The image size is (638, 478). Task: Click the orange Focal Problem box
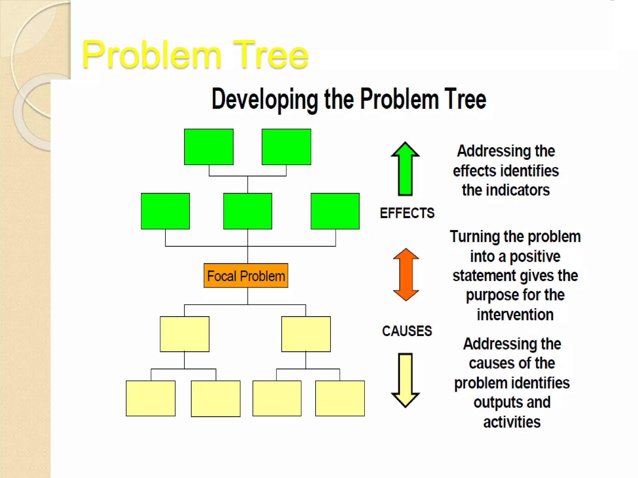point(246,276)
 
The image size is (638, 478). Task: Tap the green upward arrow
point(405,170)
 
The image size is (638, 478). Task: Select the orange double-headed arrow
point(406,274)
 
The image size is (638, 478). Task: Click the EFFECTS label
point(407,213)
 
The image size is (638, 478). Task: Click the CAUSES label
point(407,331)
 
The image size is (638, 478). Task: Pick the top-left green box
point(209,147)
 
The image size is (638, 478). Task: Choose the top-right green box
point(286,147)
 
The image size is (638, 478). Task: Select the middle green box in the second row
point(248,211)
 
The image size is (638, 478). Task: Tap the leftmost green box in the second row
point(165,211)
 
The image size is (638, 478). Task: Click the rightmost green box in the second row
point(335,211)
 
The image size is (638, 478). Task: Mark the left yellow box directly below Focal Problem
point(184,334)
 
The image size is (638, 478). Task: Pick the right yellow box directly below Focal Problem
point(306,334)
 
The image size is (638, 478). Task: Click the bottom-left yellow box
point(150,398)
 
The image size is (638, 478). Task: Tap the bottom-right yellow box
point(340,398)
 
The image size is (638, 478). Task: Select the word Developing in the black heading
point(265,100)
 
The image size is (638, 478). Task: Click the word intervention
point(515,315)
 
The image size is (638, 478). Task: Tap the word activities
point(512,422)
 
